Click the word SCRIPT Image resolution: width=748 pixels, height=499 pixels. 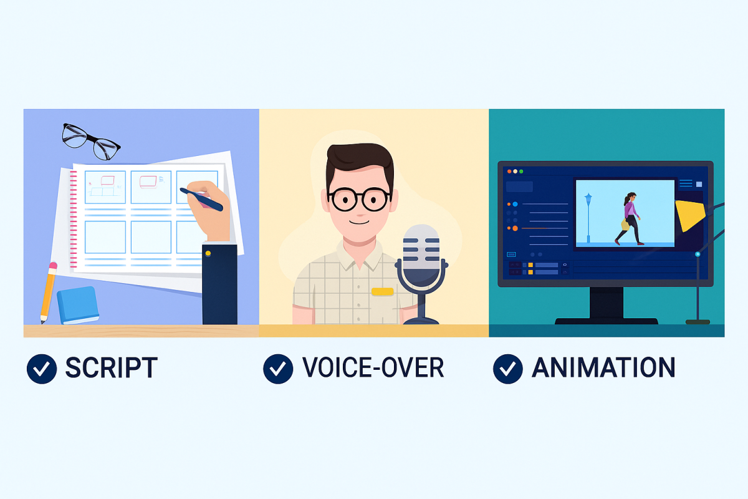111,367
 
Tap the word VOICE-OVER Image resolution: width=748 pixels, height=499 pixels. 373,367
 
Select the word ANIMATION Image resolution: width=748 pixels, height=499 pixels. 603,367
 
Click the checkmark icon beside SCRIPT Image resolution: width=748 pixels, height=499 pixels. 42,369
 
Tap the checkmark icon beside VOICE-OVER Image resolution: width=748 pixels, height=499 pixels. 278,369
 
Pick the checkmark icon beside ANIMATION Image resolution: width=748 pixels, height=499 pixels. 508,369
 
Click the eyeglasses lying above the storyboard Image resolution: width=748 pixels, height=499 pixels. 90,142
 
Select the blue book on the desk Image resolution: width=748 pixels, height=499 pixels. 78,305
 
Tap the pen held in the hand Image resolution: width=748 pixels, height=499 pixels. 201,199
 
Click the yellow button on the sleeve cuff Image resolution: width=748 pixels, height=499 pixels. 208,253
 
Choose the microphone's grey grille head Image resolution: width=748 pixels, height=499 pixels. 421,248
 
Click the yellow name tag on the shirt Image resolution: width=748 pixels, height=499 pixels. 382,292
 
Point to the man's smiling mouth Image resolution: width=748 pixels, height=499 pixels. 360,221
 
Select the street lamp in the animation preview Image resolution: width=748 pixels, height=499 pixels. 588,217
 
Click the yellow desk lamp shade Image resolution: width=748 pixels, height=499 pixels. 690,215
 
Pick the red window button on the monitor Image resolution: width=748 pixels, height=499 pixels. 509,172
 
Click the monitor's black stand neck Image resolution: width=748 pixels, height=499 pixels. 606,303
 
